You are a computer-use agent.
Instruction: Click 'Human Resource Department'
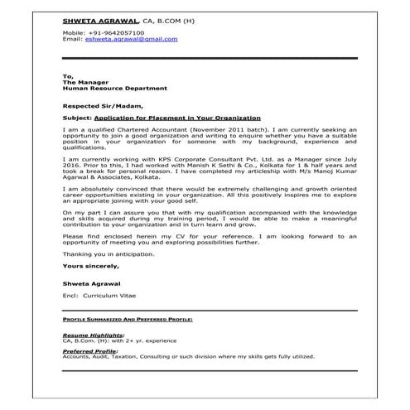[114, 87]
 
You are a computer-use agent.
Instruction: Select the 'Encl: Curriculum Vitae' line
[102, 295]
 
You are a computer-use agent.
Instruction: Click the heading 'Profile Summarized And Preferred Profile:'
[128, 318]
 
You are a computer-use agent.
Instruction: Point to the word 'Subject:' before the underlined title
[76, 118]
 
